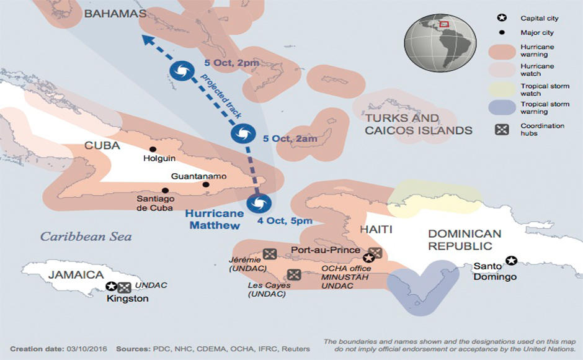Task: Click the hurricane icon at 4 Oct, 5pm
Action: [x=258, y=204]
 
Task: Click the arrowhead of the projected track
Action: [x=146, y=40]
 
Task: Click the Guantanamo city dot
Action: [x=205, y=184]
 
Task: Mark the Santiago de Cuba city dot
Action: [x=165, y=191]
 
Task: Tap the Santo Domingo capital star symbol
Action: [x=511, y=260]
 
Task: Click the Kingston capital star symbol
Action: [x=111, y=286]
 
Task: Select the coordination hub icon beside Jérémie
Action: [x=269, y=253]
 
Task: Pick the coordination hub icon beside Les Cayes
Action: [x=294, y=274]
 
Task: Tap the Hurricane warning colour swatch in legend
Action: [x=502, y=51]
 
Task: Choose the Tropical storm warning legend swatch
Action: [x=502, y=108]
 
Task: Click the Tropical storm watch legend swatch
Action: [x=502, y=89]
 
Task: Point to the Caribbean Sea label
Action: [x=86, y=236]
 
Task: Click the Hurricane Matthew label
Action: [x=213, y=220]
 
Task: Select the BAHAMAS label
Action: [x=115, y=14]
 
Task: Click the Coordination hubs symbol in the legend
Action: [x=502, y=130]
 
